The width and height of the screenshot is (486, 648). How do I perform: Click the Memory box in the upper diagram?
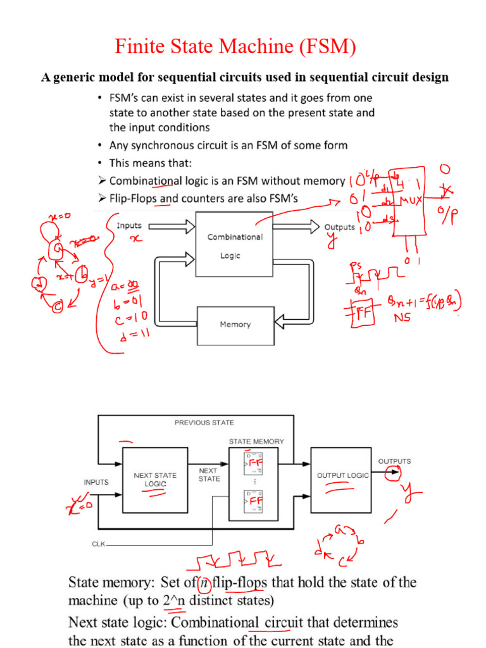(x=235, y=325)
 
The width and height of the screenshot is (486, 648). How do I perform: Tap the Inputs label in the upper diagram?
(x=129, y=225)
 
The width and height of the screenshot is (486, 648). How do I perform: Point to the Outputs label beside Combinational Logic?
(x=340, y=227)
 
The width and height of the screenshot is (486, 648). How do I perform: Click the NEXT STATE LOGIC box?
(x=155, y=479)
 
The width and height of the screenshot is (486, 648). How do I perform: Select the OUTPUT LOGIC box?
(x=342, y=475)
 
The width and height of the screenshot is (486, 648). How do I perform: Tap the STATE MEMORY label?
(x=256, y=441)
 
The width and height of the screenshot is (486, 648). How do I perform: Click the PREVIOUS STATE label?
(x=204, y=422)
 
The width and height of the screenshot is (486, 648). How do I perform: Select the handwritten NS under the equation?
(x=403, y=319)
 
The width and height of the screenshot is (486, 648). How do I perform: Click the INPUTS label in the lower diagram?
(x=96, y=482)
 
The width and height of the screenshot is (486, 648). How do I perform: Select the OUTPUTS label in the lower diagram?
(x=394, y=461)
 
